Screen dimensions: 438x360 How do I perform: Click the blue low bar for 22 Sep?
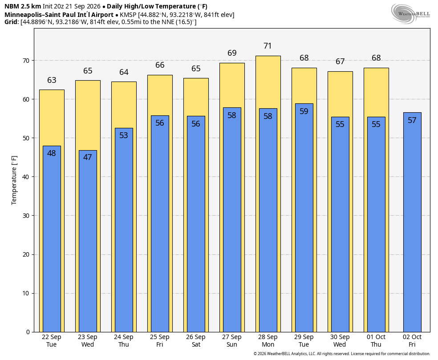pos(52,239)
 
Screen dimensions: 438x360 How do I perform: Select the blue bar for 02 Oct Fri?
pos(412,222)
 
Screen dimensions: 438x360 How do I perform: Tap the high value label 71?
pos(268,46)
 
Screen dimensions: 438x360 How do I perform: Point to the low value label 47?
pos(87,157)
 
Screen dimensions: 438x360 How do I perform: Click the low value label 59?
pos(304,111)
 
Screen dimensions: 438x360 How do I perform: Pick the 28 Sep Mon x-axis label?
pos(268,341)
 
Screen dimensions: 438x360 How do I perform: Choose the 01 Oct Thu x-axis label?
pos(376,341)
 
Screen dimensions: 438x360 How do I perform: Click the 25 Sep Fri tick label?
pos(159,341)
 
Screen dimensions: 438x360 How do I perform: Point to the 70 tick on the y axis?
pos(26,61)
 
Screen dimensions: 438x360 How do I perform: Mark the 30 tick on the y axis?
pos(26,216)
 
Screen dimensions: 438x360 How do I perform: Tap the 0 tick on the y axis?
pos(28,332)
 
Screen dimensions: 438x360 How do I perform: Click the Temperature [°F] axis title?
pos(14,180)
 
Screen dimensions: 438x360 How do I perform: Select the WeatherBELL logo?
pos(410,13)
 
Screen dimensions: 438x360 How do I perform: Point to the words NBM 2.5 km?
pos(23,6)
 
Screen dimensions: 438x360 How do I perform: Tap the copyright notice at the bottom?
pos(341,354)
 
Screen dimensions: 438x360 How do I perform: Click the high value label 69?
pos(232,53)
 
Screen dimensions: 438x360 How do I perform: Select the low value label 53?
pos(123,135)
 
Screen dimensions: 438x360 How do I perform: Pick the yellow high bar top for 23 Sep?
pos(88,81)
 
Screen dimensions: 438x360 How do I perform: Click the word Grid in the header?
pos(11,22)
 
